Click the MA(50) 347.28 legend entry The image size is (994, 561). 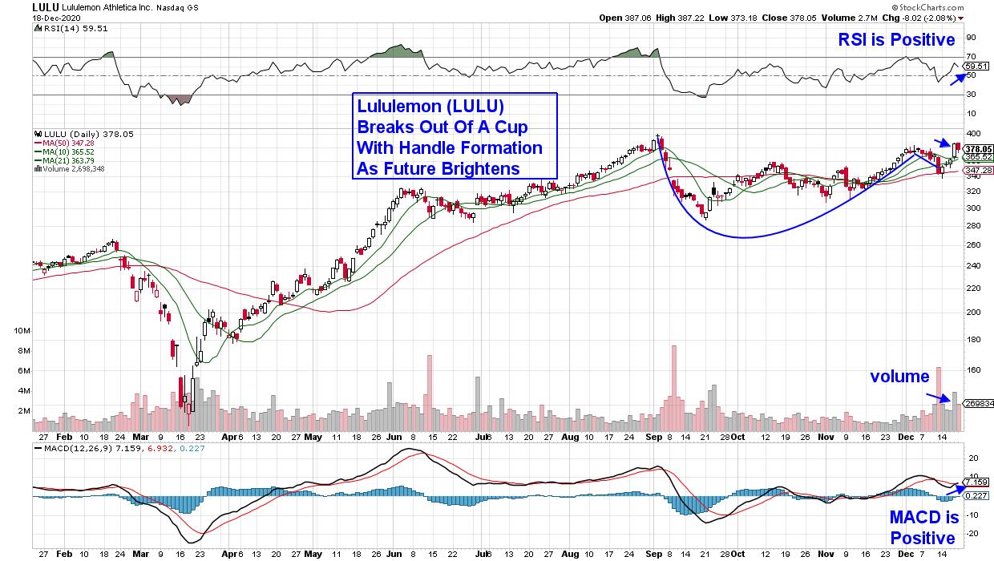68,142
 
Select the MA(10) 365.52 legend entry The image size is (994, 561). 68,151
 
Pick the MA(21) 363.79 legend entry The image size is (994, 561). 68,159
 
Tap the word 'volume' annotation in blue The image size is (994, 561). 901,376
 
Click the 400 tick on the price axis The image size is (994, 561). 972,133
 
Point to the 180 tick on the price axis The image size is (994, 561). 972,340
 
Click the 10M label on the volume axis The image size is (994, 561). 22,330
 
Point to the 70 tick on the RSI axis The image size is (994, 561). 970,56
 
